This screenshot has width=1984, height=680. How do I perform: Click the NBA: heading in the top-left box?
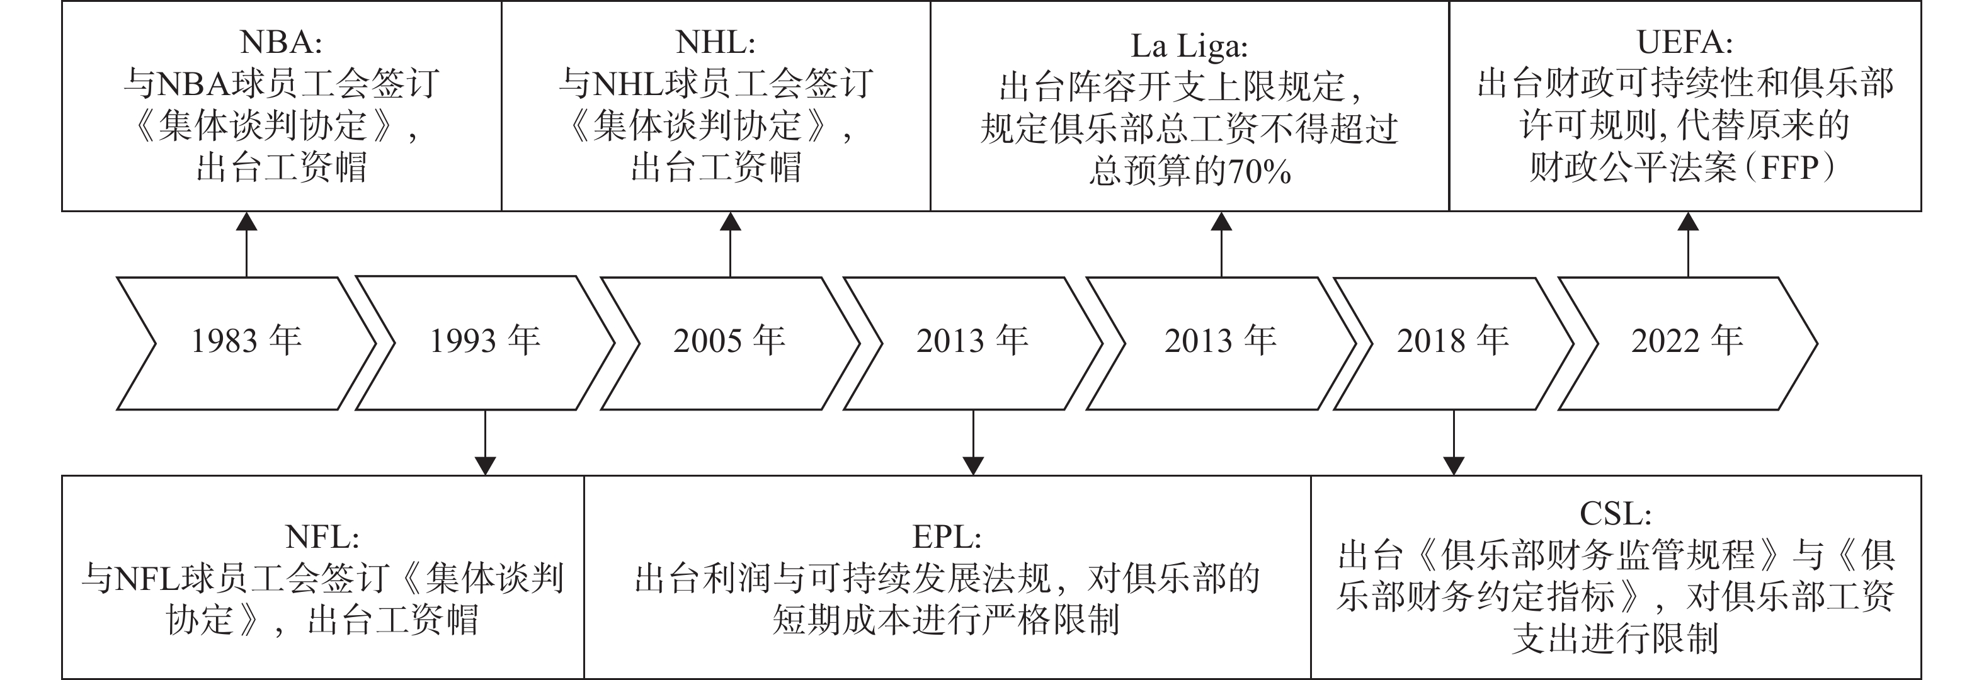point(280,42)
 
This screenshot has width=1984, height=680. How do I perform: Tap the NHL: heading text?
point(715,42)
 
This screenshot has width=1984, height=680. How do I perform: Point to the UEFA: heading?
point(1685,42)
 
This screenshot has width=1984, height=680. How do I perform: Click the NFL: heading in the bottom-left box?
point(322,537)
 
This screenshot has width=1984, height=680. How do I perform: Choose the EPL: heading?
point(947,537)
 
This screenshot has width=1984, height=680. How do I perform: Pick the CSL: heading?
point(1615,513)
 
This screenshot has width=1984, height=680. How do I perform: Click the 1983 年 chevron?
point(246,343)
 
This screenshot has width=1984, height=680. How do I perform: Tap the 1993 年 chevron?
point(485,343)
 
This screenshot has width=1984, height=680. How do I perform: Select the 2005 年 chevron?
point(729,343)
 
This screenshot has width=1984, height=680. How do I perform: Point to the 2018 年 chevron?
point(1453,343)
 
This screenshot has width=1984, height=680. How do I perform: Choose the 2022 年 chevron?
point(1687,343)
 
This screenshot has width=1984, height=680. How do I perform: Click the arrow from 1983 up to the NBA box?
point(246,244)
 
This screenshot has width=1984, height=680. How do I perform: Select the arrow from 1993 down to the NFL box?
point(485,442)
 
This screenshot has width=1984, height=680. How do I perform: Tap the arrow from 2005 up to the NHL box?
point(730,244)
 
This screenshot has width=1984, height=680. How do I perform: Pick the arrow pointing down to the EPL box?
point(974,442)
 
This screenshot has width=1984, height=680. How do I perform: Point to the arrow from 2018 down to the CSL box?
point(1453,442)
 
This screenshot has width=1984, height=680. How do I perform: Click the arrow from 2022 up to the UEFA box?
point(1688,244)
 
